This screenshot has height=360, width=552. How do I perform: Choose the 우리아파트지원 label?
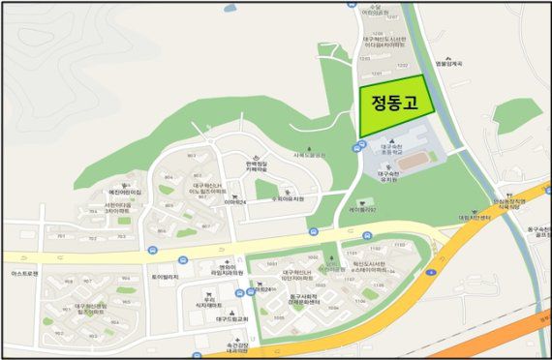pos(288,199)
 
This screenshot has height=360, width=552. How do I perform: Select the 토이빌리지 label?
pos(166,277)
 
